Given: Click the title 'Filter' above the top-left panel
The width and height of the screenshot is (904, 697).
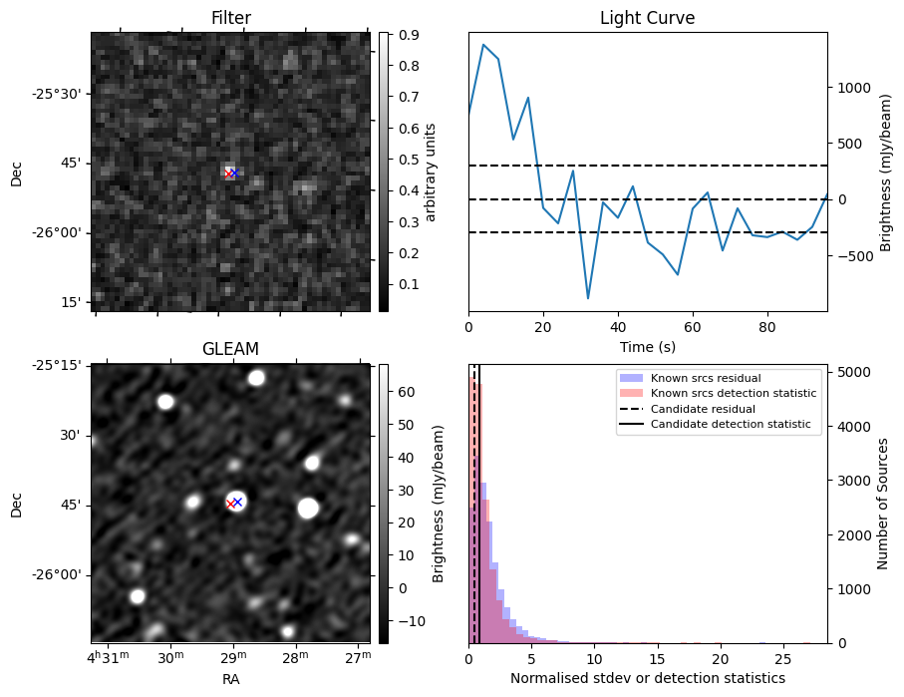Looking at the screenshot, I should [230, 18].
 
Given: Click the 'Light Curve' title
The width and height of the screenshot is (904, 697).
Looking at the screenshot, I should [647, 18].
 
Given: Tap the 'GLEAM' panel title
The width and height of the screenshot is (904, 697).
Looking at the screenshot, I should [230, 349].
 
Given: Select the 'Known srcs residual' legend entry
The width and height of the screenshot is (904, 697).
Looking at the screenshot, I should [706, 379].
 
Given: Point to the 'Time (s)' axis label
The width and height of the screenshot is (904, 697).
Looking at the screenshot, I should [647, 347].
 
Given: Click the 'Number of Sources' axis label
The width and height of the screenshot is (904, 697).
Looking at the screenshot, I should [882, 504].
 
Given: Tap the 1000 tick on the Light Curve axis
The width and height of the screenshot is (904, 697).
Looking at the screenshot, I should [852, 87].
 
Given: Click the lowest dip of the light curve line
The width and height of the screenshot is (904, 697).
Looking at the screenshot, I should [588, 298].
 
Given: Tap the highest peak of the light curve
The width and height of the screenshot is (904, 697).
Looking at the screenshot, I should [483, 44].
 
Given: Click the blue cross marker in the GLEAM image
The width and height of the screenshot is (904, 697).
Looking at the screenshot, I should [237, 502].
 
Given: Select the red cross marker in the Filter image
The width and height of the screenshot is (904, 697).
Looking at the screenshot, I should [228, 174].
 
